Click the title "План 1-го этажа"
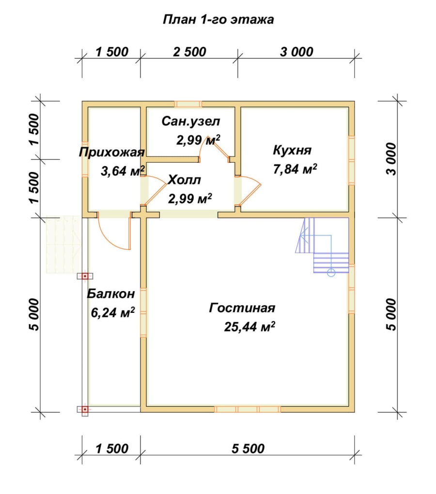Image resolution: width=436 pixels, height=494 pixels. pyautogui.click(x=218, y=19)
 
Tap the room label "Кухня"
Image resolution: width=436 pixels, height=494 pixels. pyautogui.click(x=292, y=150)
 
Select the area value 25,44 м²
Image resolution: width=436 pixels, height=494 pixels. pyautogui.click(x=249, y=327)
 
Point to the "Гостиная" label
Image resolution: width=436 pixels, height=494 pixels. pyautogui.click(x=242, y=308)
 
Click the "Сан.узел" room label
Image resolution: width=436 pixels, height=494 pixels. pyautogui.click(x=190, y=121)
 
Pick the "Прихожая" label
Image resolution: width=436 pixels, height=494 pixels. pyautogui.click(x=112, y=153)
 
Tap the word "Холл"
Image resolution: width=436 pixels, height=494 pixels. pyautogui.click(x=184, y=180)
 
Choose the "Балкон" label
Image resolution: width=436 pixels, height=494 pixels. pyautogui.click(x=111, y=293)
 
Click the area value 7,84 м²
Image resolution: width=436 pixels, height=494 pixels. pyautogui.click(x=295, y=169)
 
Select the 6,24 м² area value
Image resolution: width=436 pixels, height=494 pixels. pyautogui.click(x=113, y=312)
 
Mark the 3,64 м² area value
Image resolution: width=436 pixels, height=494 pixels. pyautogui.click(x=123, y=171)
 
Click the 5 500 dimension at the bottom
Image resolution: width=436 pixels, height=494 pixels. pyautogui.click(x=248, y=448)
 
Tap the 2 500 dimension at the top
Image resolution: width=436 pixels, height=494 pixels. pyautogui.click(x=189, y=52)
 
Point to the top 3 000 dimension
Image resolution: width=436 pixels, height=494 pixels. pyautogui.click(x=297, y=52)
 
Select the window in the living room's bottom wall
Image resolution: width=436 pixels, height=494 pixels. pyautogui.click(x=248, y=409)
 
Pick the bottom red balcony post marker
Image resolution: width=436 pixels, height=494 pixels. pyautogui.click(x=85, y=410)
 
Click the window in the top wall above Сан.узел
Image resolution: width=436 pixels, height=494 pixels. pyautogui.click(x=188, y=104)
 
